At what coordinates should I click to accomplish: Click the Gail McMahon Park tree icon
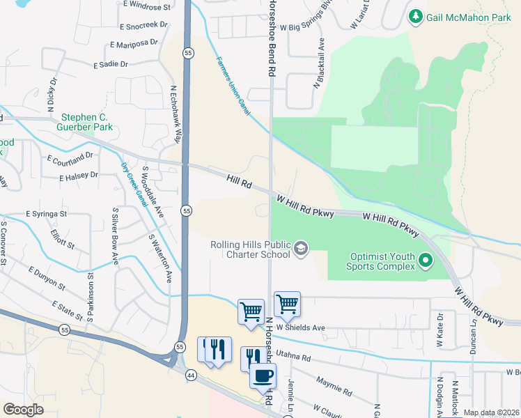[416, 16]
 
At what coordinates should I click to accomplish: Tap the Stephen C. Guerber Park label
[87, 123]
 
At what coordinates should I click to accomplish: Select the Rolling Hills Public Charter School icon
[301, 249]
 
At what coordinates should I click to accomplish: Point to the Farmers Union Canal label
[231, 87]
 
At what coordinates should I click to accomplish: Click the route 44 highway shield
[191, 375]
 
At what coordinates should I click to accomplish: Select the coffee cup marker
[263, 377]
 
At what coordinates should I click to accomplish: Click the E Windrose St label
[148, 7]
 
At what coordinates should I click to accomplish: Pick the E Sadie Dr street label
[111, 64]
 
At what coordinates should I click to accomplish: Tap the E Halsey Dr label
[78, 176]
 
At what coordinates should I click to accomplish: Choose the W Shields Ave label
[301, 327]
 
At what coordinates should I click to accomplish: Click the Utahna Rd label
[293, 355]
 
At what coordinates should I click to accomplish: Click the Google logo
[23, 410]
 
